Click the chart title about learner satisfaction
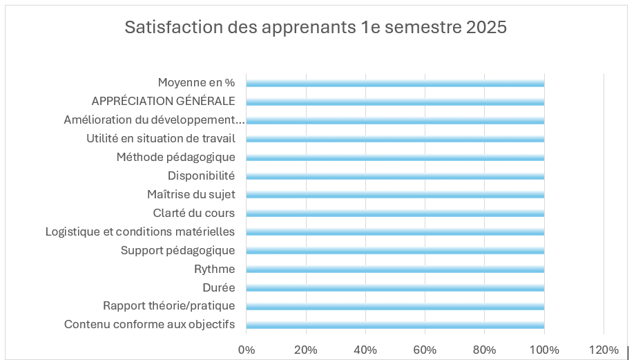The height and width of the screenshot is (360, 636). (x=316, y=27)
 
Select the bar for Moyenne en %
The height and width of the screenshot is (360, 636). (x=395, y=83)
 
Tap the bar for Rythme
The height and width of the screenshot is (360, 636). (x=395, y=269)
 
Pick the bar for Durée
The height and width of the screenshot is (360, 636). (x=395, y=288)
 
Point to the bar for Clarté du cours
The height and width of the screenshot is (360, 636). (x=395, y=214)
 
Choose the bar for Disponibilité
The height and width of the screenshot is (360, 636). (x=395, y=176)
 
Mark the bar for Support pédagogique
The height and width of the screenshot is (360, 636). (x=395, y=251)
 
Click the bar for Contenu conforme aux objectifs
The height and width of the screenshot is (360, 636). (x=395, y=325)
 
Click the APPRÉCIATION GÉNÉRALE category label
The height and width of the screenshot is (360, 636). (x=163, y=101)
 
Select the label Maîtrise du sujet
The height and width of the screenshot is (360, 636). (x=191, y=194)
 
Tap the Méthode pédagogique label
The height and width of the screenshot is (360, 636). (x=175, y=157)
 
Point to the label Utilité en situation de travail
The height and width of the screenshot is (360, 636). (x=161, y=138)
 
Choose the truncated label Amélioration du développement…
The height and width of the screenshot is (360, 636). (x=154, y=120)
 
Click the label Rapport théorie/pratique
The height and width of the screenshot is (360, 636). (x=168, y=305)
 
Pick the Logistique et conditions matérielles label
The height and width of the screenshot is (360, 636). (x=140, y=231)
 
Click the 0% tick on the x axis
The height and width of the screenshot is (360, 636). (x=247, y=350)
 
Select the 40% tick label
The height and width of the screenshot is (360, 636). (x=365, y=350)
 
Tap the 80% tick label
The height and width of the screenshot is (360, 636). (x=485, y=350)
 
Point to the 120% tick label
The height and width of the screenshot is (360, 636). (x=604, y=350)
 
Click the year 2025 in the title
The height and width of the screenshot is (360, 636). (x=486, y=27)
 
